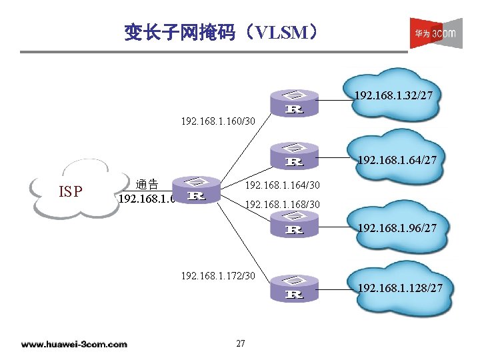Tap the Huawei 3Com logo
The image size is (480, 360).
pyautogui.click(x=435, y=33)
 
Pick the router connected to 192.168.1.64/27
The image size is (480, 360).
pyautogui.click(x=294, y=155)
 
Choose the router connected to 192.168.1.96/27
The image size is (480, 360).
pyautogui.click(x=294, y=223)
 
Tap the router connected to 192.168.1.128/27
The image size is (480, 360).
pyautogui.click(x=294, y=287)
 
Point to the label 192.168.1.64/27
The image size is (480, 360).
pyautogui.click(x=397, y=160)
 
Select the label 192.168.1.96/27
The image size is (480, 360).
pyautogui.click(x=397, y=228)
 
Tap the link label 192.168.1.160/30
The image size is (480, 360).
pyautogui.click(x=218, y=121)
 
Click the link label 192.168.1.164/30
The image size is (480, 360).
pyautogui.click(x=283, y=185)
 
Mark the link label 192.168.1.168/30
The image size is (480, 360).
pyautogui.click(x=283, y=203)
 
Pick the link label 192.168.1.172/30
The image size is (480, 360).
pyautogui.click(x=218, y=274)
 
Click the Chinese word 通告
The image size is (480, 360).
pyautogui.click(x=147, y=184)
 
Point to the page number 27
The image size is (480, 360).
pyautogui.click(x=241, y=343)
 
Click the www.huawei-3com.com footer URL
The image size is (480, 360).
pyautogui.click(x=74, y=344)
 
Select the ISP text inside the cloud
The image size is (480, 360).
pyautogui.click(x=71, y=192)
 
